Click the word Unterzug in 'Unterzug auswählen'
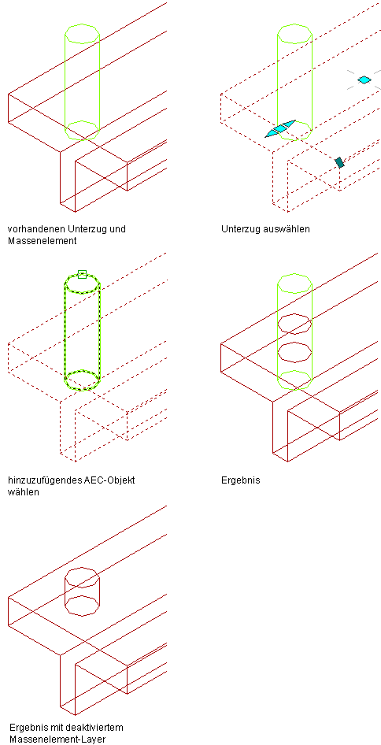(240, 229)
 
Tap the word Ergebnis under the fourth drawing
(241, 481)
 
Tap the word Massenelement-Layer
(57, 739)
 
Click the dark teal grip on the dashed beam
(339, 162)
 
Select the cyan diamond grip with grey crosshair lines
(364, 80)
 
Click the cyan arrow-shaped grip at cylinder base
(280, 128)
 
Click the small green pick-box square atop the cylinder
(82, 274)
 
